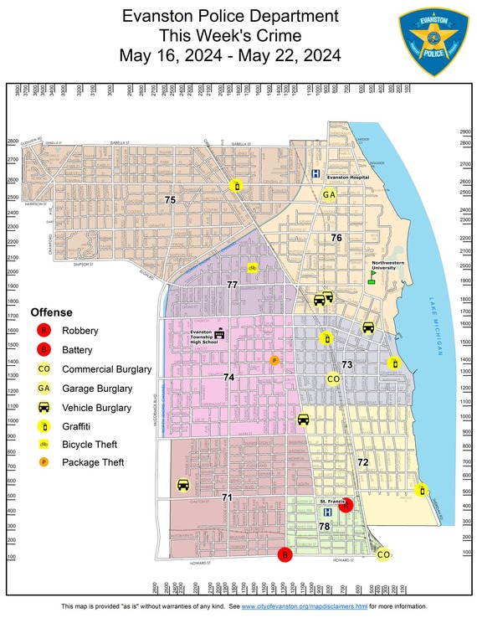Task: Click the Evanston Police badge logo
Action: coord(433,43)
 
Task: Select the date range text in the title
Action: coord(230,56)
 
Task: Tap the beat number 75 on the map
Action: coord(170,200)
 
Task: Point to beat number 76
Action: coord(336,238)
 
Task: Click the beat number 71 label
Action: coord(227,497)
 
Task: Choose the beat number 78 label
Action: coord(324,526)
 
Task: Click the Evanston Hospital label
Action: coord(348,178)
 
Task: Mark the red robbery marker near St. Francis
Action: coord(347,505)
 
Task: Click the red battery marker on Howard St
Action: coord(285,554)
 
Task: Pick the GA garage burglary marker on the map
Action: coord(330,195)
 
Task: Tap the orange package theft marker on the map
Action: coord(274,360)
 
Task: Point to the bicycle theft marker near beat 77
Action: coord(252,268)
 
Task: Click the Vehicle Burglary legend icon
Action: coord(44,408)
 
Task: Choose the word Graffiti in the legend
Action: coord(81,426)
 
